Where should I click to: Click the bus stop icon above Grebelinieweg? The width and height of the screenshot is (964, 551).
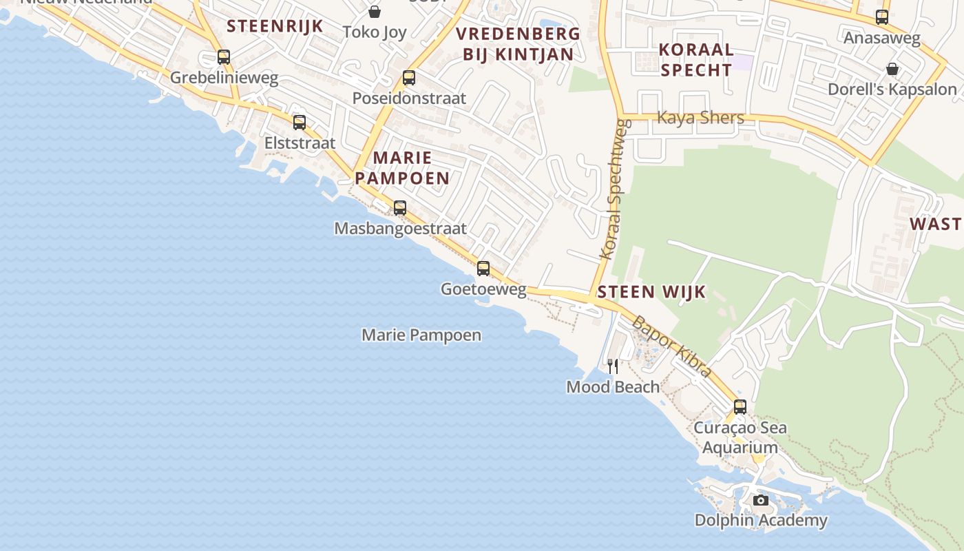tap(224, 57)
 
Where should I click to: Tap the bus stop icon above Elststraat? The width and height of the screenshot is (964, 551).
tap(300, 123)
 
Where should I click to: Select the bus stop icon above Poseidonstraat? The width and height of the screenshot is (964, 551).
tap(409, 78)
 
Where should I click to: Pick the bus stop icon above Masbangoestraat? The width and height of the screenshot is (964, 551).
tap(400, 207)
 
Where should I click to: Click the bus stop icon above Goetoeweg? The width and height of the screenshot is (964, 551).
tap(483, 269)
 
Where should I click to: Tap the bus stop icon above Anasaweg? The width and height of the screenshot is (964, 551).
tap(882, 17)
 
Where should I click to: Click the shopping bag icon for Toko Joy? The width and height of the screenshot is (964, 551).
tap(375, 12)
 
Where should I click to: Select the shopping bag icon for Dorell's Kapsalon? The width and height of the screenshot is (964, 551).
tap(892, 69)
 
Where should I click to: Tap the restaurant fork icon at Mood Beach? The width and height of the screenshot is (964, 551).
tap(613, 366)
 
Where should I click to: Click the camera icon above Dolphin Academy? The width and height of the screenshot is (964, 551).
tap(761, 500)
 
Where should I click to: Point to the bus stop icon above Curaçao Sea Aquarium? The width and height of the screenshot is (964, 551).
tap(740, 406)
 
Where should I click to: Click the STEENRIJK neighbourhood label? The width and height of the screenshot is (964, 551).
tap(275, 26)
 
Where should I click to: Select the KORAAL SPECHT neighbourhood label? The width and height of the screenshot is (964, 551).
tap(695, 60)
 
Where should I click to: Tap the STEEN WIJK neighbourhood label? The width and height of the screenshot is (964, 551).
tap(651, 292)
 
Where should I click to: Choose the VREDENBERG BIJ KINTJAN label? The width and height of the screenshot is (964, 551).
tap(518, 44)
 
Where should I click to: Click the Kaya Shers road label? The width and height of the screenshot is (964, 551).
tap(700, 118)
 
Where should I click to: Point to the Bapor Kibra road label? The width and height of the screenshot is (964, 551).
tap(671, 346)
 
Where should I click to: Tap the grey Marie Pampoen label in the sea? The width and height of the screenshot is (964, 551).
tap(421, 335)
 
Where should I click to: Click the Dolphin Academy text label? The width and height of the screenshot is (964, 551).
tap(761, 521)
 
